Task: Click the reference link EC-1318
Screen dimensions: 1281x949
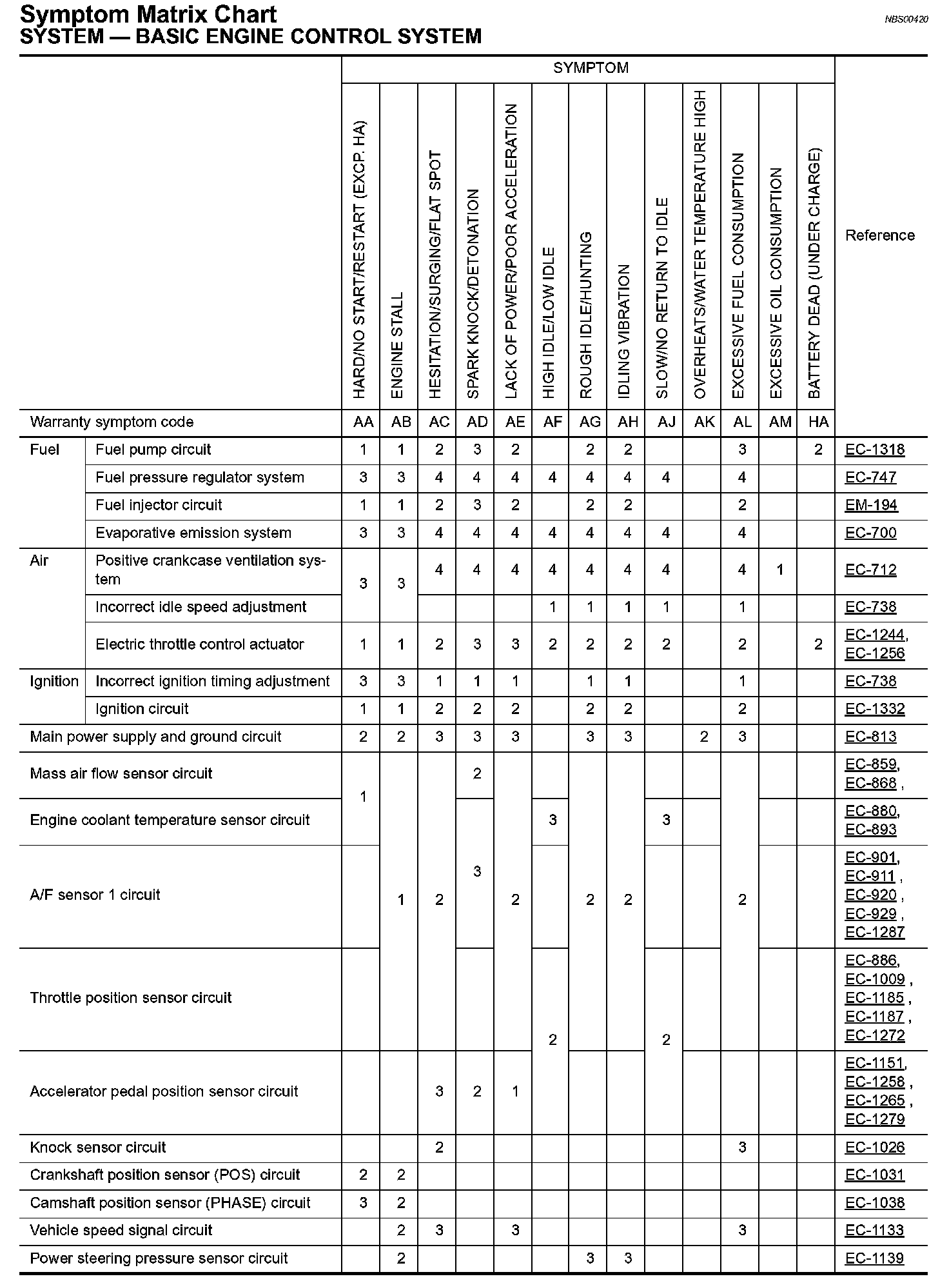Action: [x=874, y=450]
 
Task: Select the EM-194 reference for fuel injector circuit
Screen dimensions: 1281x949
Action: [x=871, y=506]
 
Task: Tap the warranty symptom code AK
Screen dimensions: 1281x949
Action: [x=704, y=422]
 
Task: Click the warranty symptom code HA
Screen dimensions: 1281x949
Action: [x=818, y=422]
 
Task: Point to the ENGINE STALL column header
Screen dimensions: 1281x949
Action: [x=397, y=345]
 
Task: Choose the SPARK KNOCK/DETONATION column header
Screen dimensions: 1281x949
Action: [x=474, y=293]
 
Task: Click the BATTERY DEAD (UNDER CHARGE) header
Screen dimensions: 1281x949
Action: [x=814, y=273]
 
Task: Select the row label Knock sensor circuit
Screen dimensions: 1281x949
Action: [x=98, y=1147]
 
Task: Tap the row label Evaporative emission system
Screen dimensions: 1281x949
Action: [x=193, y=533]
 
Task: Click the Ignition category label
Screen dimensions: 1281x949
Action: [x=54, y=682]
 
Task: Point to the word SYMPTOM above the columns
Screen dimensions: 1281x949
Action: [x=591, y=68]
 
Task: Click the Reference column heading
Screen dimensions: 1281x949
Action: [x=879, y=235]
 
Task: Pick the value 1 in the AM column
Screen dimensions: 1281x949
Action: [x=779, y=570]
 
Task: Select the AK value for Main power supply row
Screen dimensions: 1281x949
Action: [x=704, y=737]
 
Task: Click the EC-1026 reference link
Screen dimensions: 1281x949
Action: [x=874, y=1148]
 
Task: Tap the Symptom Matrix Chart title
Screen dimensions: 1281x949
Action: [x=148, y=14]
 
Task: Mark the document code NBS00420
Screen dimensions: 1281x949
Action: [x=906, y=19]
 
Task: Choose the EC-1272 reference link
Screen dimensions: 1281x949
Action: [x=874, y=1036]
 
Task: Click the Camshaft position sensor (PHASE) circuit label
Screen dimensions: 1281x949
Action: [x=170, y=1203]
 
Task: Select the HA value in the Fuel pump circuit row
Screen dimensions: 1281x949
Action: [x=818, y=450]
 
